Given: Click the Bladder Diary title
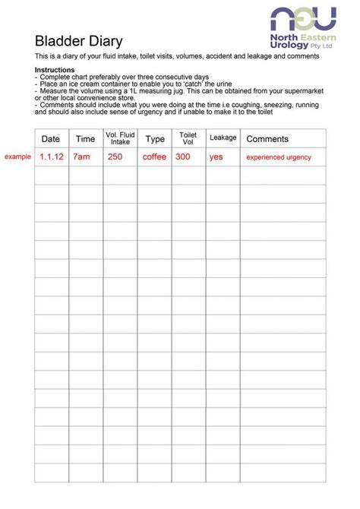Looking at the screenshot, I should pos(78,41).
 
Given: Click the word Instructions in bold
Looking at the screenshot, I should pos(55,70).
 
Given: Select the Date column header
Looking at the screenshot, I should pos(51,139).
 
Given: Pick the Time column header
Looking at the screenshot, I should pos(85,139).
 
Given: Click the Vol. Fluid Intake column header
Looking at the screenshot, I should pos(120,138).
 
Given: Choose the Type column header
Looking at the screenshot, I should pos(155,139).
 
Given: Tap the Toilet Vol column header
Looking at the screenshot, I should pos(188,138).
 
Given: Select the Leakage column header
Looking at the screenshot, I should pos(223,138).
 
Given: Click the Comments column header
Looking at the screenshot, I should pos(267,139).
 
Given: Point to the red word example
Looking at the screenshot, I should pos(17,156).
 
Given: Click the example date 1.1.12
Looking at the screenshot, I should pos(51,157).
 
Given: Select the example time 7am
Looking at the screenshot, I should pos(81,157).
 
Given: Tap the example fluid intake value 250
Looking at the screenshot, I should pos(115,157).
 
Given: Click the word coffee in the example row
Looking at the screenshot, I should pos(155,157).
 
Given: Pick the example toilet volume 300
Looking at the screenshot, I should pos(183,157).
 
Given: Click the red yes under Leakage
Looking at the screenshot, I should pos(216,157).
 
